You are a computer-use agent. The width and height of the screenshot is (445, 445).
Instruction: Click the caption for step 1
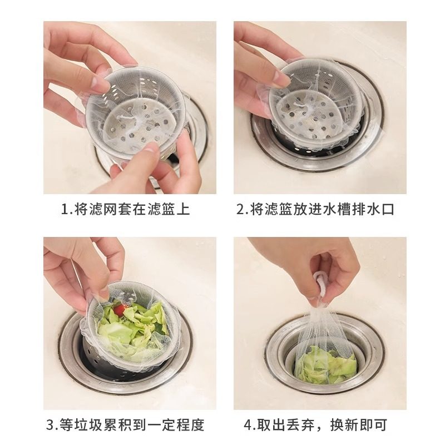pos(125,210)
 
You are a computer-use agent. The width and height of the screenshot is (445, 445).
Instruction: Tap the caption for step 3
pos(125,426)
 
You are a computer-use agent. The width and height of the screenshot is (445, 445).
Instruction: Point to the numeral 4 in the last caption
pos(248,426)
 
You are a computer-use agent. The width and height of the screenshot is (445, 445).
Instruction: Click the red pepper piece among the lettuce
pos(118,307)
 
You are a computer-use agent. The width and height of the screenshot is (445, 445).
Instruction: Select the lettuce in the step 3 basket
pos(133,328)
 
